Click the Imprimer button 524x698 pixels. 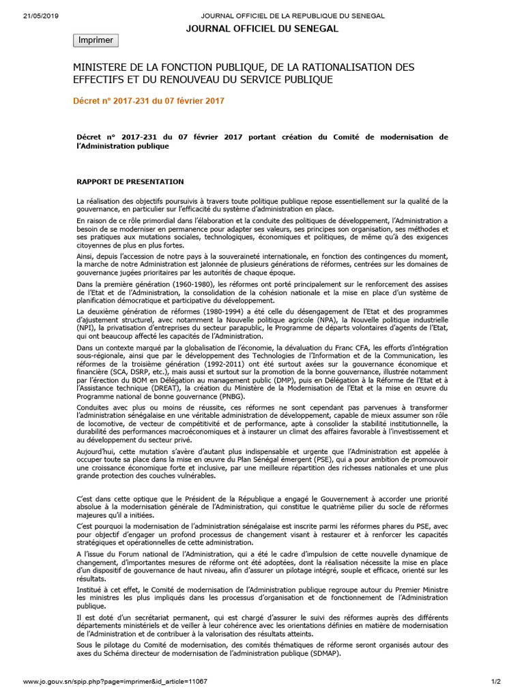(96, 40)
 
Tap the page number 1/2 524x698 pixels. (496, 681)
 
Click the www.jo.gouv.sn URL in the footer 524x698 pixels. (115, 681)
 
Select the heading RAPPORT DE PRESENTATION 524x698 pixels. (130, 181)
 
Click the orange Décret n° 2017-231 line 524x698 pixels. (148, 101)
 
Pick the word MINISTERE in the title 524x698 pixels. (102, 67)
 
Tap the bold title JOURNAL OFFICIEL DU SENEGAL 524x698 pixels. (262, 29)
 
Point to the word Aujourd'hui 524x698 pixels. (96, 453)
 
